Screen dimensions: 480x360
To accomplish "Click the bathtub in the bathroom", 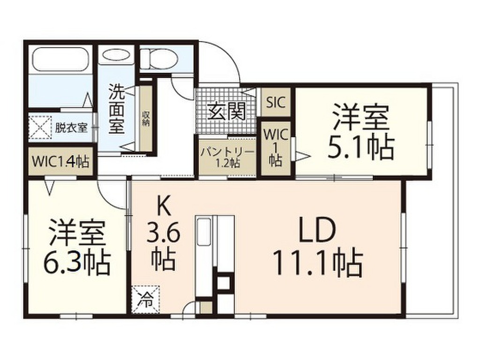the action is [x=61, y=59].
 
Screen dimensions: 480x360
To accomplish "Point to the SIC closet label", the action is [x=276, y=102].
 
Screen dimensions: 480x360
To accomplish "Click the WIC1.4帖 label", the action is [x=60, y=162].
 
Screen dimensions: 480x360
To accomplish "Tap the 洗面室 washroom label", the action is [x=117, y=109].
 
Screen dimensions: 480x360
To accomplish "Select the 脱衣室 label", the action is [x=71, y=127].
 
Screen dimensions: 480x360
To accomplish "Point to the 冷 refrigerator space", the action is [x=145, y=299].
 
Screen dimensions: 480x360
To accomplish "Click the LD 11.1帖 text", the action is [x=317, y=246].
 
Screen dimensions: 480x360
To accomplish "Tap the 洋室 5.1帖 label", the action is [x=361, y=132].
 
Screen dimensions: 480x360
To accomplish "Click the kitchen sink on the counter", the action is [x=204, y=232].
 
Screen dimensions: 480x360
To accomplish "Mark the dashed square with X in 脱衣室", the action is [x=39, y=127].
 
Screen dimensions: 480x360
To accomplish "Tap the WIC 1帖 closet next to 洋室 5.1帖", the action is [x=275, y=148].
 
